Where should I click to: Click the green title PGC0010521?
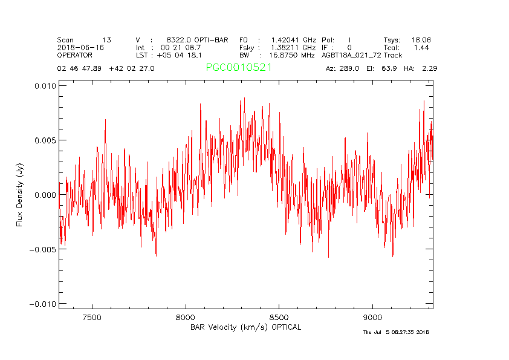239,68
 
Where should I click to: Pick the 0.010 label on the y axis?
45,86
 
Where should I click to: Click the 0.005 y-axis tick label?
45,140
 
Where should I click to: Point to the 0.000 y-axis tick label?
45,195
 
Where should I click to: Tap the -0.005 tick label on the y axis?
43,249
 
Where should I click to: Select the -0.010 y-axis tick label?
43,304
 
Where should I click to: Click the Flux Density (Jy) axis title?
19,195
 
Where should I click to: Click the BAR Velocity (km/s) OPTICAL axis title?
245,327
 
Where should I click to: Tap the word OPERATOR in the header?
75,55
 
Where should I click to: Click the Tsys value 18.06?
421,39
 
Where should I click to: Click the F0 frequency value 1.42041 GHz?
293,39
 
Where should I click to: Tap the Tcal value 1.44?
421,47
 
